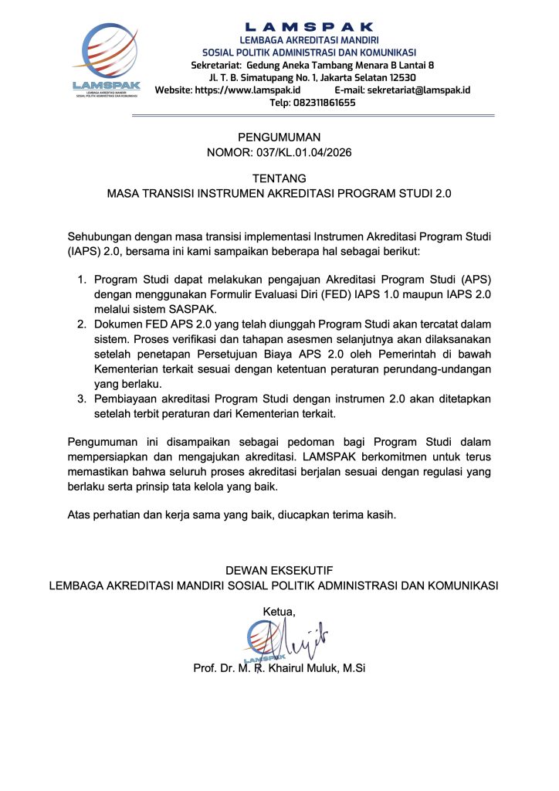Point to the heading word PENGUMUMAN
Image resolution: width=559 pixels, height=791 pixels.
(279, 137)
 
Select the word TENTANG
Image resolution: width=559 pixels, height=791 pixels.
(279, 178)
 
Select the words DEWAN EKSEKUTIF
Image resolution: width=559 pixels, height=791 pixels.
(279, 570)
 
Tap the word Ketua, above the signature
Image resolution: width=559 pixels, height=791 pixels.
(279, 612)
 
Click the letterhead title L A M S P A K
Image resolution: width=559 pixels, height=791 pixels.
(308, 27)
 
